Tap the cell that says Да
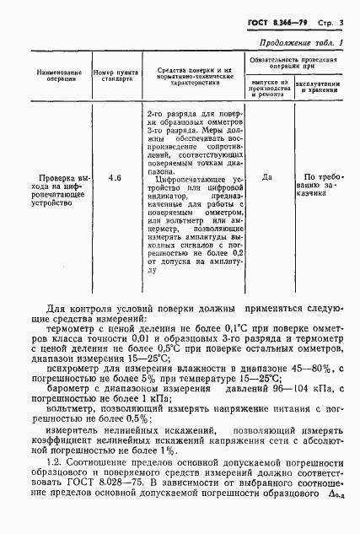[x=267, y=178]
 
